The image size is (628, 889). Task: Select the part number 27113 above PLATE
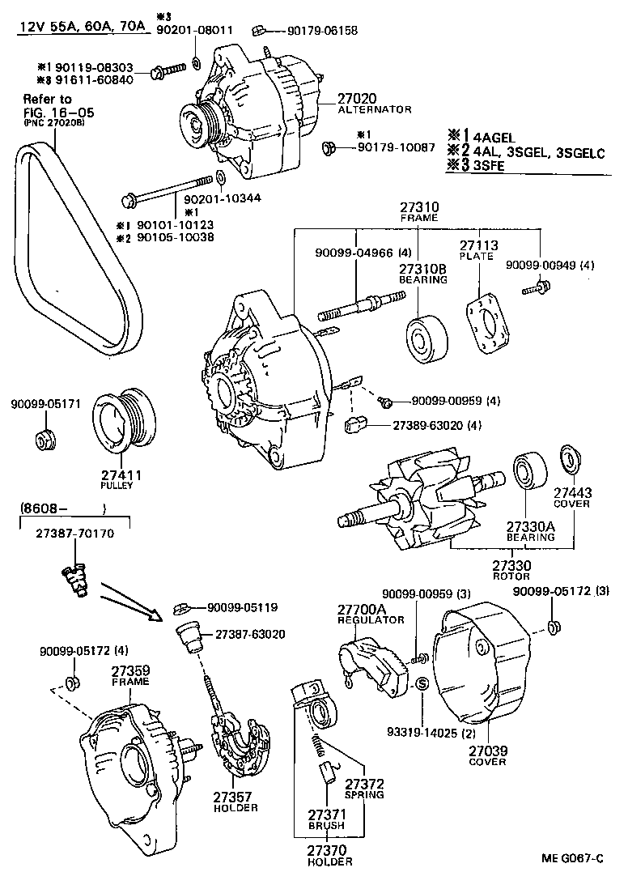click(x=479, y=245)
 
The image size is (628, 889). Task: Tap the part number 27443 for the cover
click(x=572, y=492)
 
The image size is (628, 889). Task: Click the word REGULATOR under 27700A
click(x=371, y=620)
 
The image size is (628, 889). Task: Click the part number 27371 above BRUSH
click(x=326, y=814)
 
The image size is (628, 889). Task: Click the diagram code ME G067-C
click(x=572, y=857)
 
